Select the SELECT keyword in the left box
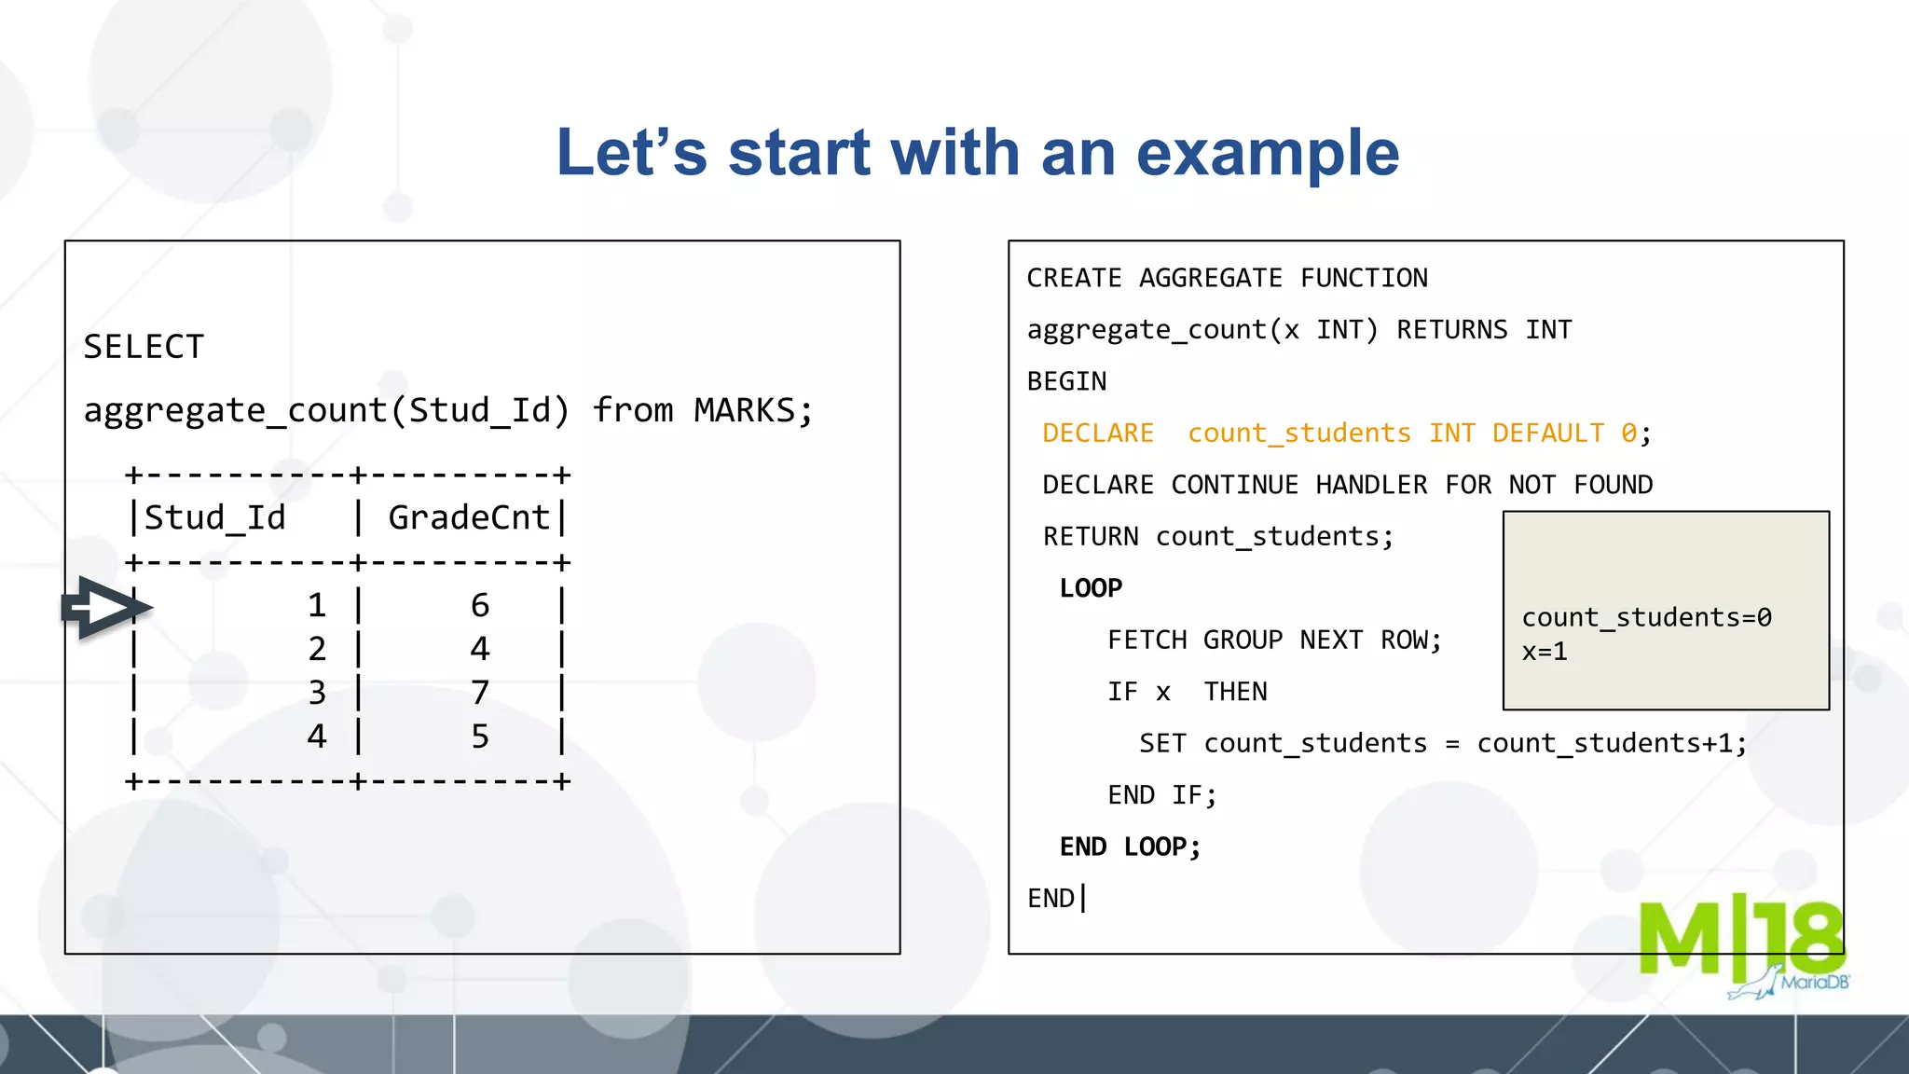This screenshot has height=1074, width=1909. [144, 347]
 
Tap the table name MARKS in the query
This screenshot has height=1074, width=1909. [744, 410]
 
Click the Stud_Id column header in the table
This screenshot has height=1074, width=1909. [214, 517]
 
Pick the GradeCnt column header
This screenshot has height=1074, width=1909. [469, 517]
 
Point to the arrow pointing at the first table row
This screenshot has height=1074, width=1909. [105, 608]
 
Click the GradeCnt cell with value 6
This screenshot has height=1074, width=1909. [480, 606]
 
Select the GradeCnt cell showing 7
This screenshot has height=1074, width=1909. [480, 693]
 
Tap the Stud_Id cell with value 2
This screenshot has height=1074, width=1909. [317, 649]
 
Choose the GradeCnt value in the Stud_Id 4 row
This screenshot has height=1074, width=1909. [480, 737]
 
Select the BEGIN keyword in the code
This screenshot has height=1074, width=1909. [1066, 381]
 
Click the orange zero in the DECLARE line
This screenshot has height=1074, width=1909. [1628, 434]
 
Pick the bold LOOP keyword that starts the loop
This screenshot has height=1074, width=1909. [1091, 588]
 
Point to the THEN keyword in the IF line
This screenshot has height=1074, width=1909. [1235, 692]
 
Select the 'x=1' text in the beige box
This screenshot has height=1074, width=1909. [1545, 652]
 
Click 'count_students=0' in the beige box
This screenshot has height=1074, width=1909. [1646, 617]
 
